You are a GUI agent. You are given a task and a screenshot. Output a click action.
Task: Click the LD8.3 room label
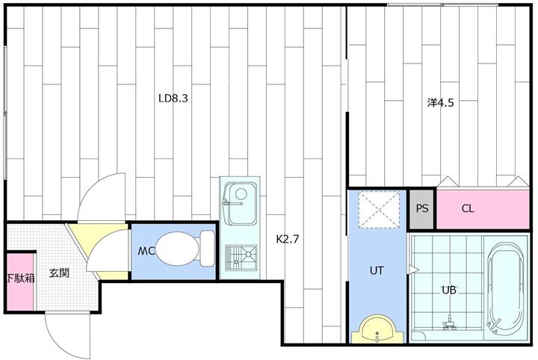point(173,99)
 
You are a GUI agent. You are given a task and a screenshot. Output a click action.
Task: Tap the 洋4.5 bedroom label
point(441,102)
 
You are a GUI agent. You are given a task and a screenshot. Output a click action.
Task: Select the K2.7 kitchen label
point(288,239)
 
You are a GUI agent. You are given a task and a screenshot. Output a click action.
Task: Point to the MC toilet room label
point(146,251)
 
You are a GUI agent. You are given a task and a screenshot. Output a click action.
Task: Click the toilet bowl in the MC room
point(177,249)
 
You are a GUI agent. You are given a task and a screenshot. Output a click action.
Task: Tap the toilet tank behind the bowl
point(207,249)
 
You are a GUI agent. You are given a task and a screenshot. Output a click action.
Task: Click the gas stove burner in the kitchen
point(241,258)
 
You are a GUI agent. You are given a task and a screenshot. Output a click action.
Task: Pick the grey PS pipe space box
point(422,208)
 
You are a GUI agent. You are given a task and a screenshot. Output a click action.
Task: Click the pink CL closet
point(483,208)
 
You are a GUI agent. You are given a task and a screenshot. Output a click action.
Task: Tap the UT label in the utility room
point(377,270)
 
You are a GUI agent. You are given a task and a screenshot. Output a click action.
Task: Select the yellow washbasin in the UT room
point(377,329)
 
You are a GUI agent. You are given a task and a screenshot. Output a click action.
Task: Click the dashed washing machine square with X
point(379,209)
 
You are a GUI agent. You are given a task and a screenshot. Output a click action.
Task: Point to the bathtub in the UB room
point(505,291)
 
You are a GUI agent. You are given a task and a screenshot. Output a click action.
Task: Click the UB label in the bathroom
point(449,290)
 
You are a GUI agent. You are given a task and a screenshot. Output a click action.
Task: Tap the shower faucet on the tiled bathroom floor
point(449,323)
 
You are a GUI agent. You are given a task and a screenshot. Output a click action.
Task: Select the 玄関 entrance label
point(59,273)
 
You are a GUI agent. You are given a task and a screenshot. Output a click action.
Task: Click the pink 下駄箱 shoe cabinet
point(21,282)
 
